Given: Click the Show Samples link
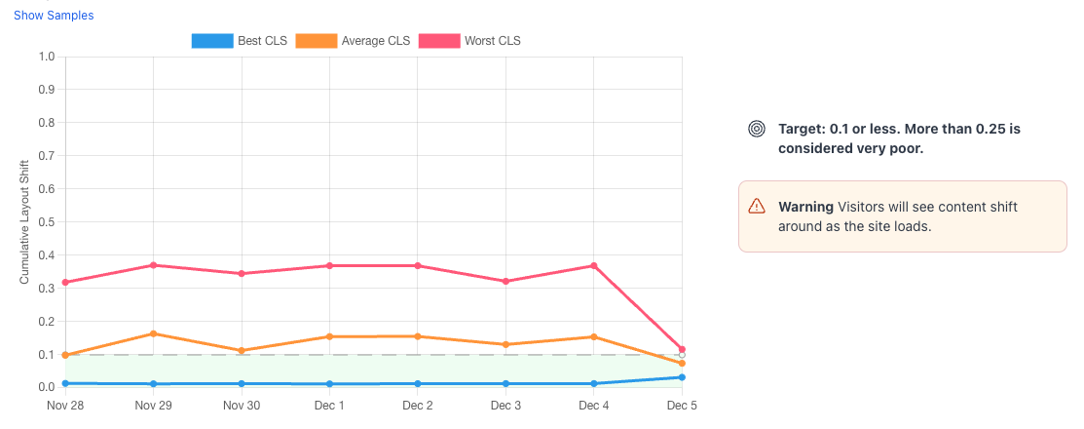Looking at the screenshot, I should click(54, 16).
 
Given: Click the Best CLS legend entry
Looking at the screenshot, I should click(240, 41).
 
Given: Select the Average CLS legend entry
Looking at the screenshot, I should click(354, 41).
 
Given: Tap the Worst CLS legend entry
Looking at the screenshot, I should click(469, 41).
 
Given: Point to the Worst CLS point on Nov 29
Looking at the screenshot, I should click(153, 265).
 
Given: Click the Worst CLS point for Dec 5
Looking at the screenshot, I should click(682, 349).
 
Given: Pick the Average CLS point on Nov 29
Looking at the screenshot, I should click(153, 333).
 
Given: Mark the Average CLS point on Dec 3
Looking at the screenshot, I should click(505, 344).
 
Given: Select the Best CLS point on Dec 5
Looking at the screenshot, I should click(682, 377).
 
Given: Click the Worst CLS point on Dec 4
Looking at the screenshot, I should click(593, 266).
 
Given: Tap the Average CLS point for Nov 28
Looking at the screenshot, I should click(64, 355).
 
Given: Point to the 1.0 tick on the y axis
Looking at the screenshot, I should click(46, 57).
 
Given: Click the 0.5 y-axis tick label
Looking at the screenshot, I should click(46, 222).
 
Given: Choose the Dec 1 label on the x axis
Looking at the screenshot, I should click(329, 405).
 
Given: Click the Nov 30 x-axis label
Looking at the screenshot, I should click(241, 405).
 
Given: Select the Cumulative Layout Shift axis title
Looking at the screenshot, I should click(25, 221).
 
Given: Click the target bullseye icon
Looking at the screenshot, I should click(756, 129).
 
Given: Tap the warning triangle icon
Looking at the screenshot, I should click(757, 206).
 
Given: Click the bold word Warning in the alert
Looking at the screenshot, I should click(805, 207).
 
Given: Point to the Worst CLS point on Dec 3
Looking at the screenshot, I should click(505, 282).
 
